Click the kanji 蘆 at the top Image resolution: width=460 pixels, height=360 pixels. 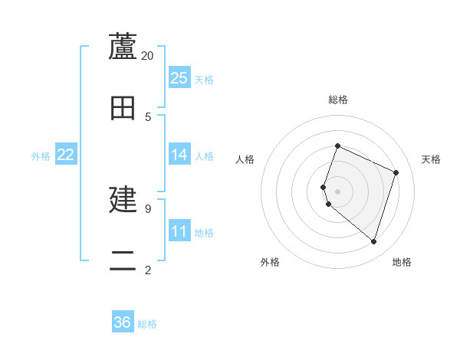123,47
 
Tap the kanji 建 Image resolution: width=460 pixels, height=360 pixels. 123,199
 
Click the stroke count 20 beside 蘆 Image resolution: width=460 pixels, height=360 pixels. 148,55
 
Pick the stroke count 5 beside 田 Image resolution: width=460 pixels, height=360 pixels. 148,116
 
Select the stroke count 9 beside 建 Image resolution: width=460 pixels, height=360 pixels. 148,208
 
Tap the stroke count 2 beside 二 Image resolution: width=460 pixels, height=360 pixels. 148,269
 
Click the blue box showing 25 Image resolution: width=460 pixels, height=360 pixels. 179,78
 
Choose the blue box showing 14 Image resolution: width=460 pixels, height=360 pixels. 179,155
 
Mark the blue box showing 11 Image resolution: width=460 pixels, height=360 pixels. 179,232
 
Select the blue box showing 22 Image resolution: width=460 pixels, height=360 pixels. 66,155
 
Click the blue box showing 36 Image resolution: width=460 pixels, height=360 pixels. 123,322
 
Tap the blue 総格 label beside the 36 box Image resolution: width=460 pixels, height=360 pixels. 147,324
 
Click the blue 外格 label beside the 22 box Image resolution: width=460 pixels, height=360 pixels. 41,156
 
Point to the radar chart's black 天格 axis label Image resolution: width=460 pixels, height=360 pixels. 431,159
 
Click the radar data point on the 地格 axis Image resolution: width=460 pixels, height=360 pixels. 373,241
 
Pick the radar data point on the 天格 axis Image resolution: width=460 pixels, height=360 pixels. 396,172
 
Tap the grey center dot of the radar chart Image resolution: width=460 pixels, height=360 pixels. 337,191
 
